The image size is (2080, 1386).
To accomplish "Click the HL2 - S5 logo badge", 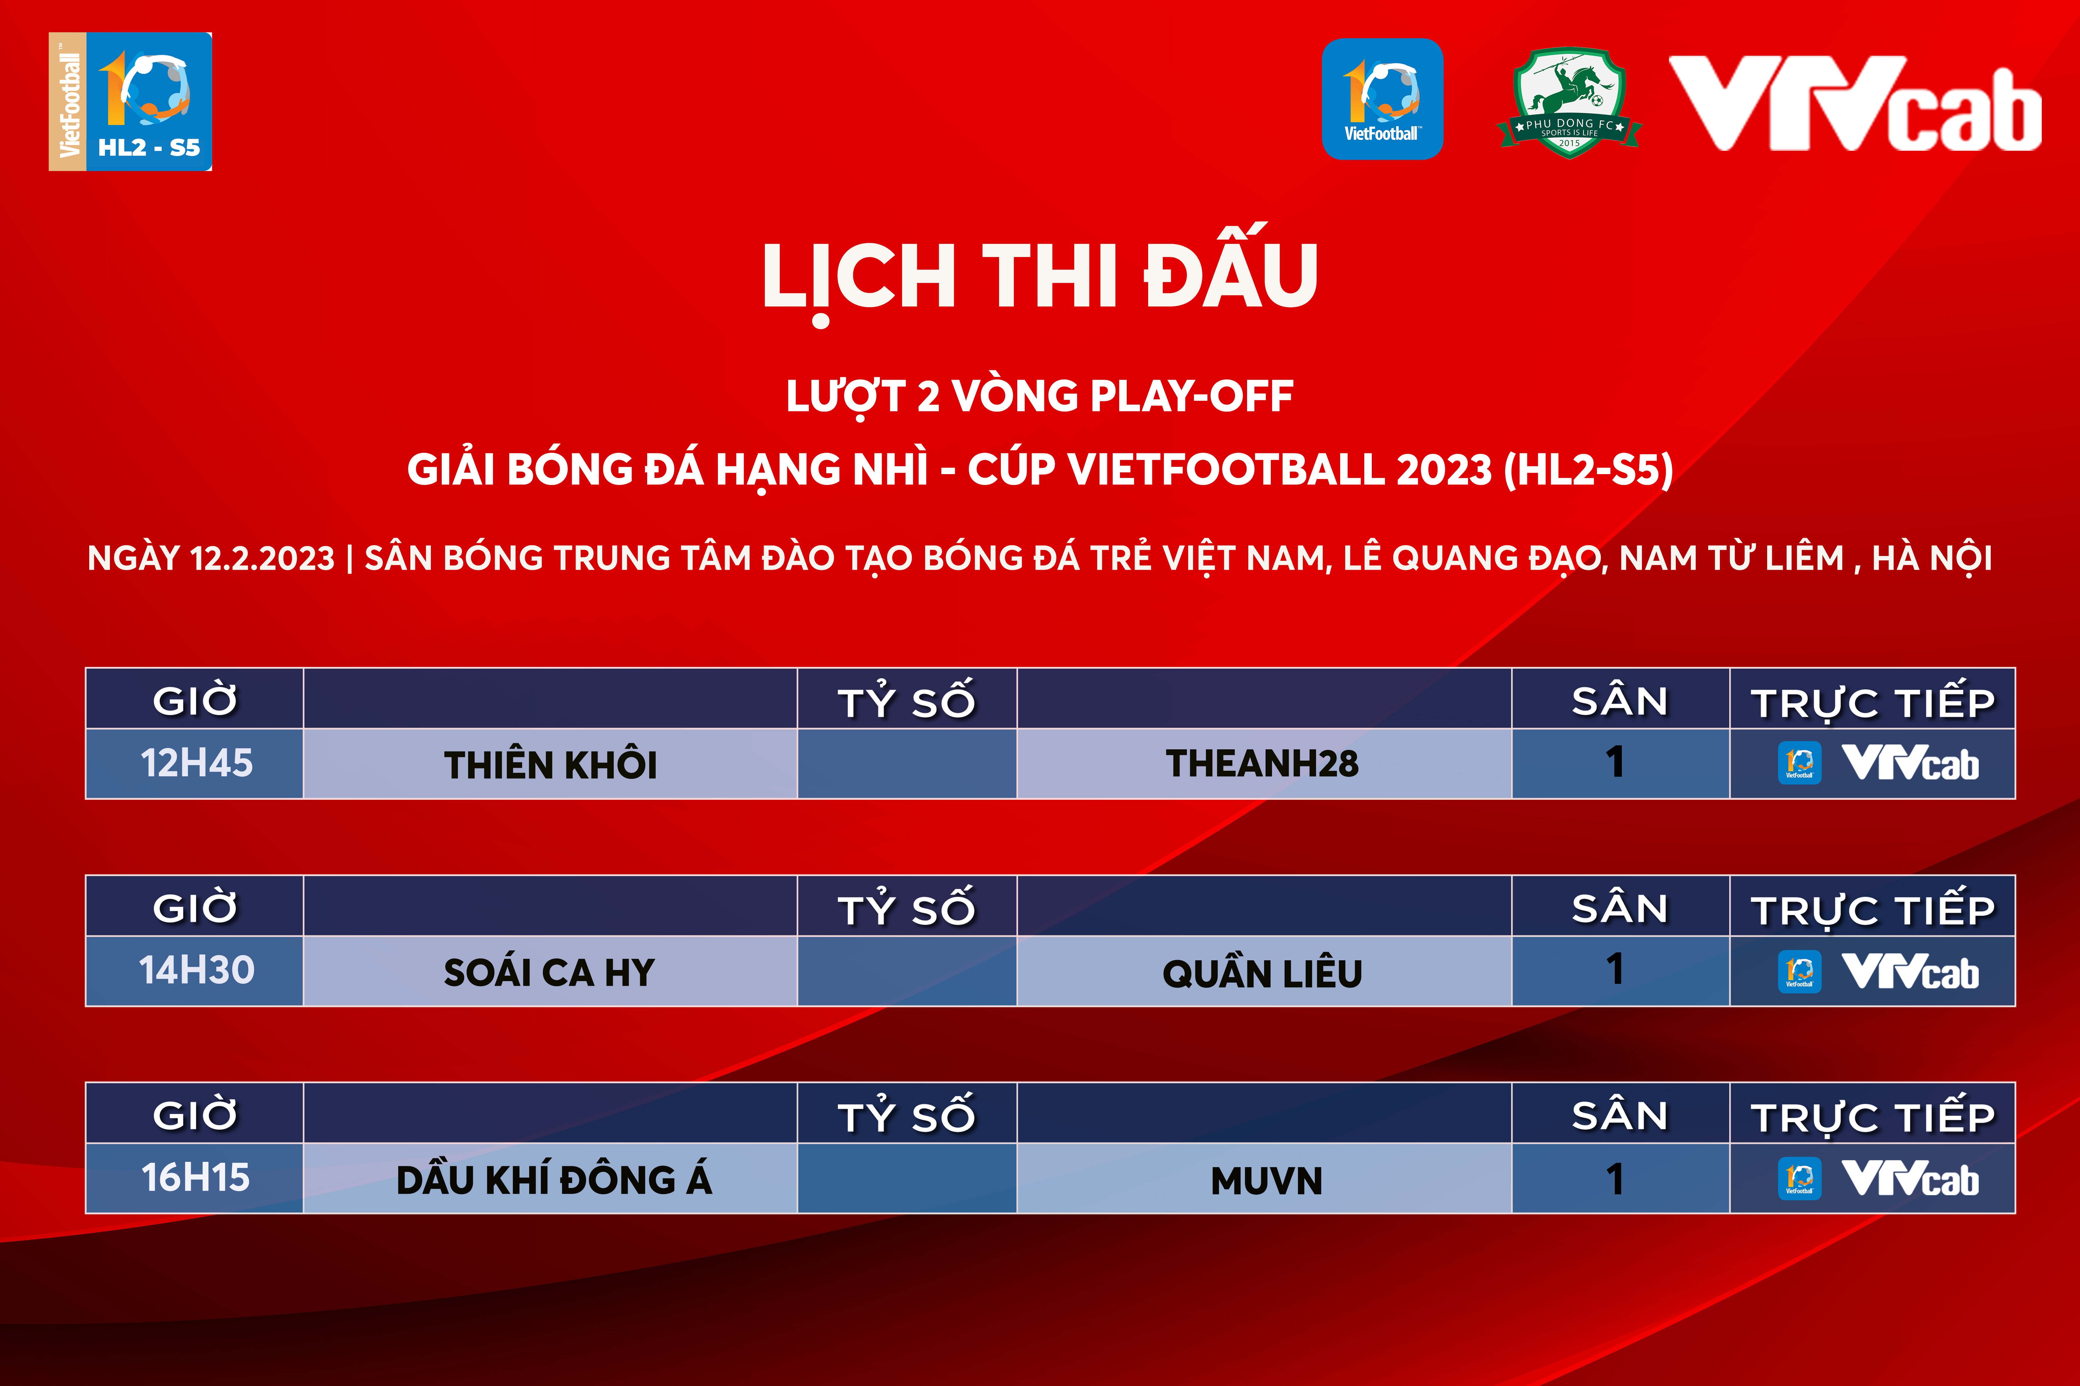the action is (130, 102).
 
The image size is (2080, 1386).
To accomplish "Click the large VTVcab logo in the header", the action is (1855, 103).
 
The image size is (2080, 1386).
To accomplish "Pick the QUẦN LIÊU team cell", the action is (1263, 971).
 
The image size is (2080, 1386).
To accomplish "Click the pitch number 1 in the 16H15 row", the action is (1615, 1178).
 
